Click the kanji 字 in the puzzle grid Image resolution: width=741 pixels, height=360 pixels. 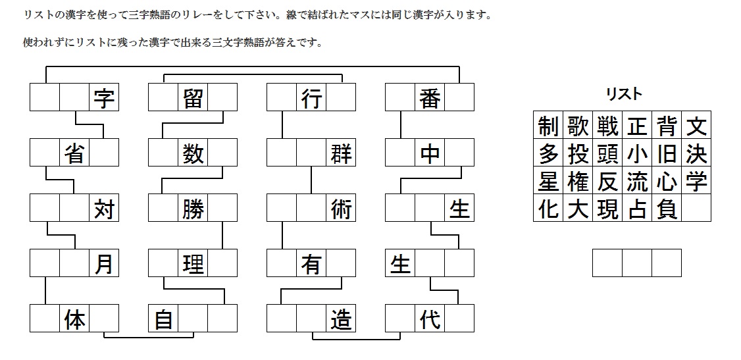[x=104, y=99]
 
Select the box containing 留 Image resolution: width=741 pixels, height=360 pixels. [x=193, y=99]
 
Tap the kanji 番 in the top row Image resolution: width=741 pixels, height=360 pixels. [x=430, y=99]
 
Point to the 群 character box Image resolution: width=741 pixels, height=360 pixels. [x=341, y=153]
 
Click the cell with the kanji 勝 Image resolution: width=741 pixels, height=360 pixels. [x=193, y=209]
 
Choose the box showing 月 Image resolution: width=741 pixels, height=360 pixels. [x=104, y=264]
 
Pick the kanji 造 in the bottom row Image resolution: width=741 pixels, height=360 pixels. [x=341, y=319]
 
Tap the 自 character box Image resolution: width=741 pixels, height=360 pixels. [x=163, y=319]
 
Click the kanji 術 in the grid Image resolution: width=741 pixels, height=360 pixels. [x=341, y=209]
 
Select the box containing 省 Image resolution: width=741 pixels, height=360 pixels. [x=74, y=153]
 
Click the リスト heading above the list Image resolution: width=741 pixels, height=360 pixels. [x=623, y=95]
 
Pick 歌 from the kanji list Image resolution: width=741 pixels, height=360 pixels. [x=578, y=125]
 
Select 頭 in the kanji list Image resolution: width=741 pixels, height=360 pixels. [x=607, y=153]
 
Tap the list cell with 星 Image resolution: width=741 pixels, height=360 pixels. [x=548, y=180]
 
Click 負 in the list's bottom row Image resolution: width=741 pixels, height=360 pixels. [x=667, y=208]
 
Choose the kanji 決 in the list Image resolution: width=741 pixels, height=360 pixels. [x=696, y=153]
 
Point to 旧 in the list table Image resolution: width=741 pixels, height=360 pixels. [x=667, y=153]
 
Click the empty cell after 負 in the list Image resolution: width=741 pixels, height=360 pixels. [x=696, y=208]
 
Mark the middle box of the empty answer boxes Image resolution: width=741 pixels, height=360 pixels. [x=637, y=263]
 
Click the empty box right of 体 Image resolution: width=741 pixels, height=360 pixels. [x=104, y=319]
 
